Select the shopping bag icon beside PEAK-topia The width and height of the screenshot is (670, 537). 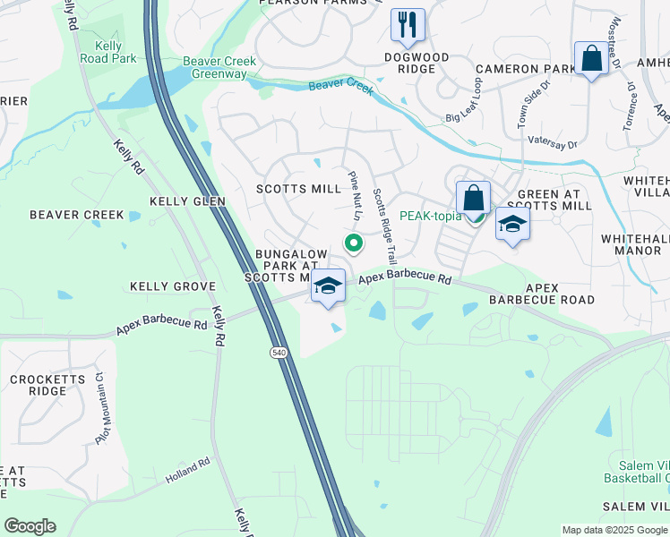click(x=473, y=198)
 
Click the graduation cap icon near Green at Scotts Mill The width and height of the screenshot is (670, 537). click(x=512, y=224)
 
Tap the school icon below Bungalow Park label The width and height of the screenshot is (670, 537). click(x=329, y=286)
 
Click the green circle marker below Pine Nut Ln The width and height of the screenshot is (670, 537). click(x=354, y=242)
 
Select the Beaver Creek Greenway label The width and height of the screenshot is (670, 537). click(x=219, y=67)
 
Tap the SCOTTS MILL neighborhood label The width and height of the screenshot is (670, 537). click(x=298, y=189)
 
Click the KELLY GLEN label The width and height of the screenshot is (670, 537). click(x=188, y=201)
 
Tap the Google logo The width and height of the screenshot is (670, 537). click(x=30, y=526)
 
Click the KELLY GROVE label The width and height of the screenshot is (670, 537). click(x=173, y=286)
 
